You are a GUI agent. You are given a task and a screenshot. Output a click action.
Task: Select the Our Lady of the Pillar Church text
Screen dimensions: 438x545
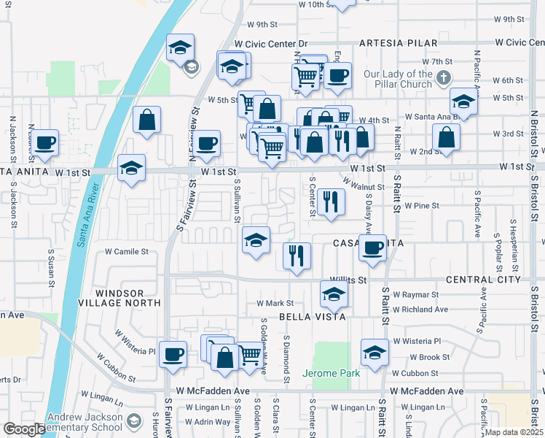[398, 79]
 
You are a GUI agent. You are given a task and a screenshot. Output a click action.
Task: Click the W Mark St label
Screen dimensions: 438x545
[275, 304]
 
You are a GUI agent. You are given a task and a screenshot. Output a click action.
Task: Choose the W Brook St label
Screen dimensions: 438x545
[429, 358]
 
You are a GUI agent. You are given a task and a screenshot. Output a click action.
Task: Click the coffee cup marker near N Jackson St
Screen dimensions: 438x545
[45, 142]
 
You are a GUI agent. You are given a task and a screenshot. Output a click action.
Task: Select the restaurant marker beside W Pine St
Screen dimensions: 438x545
[331, 201]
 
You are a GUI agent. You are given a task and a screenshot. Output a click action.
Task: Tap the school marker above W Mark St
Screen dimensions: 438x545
[334, 294]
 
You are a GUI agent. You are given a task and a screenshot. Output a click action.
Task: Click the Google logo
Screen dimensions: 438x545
[24, 429]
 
